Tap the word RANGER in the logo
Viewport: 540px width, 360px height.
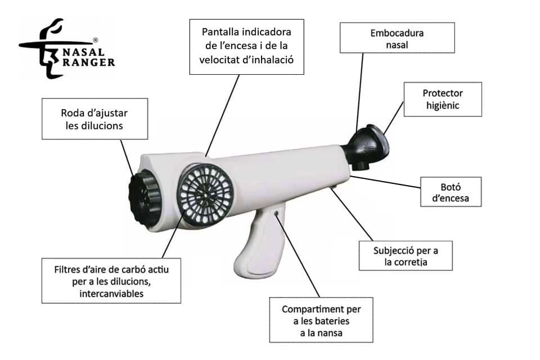point(89,62)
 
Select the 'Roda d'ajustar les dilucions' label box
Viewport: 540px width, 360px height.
point(94,119)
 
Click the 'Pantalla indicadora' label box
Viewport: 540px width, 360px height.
point(246,47)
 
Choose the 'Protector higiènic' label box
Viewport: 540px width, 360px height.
point(443,99)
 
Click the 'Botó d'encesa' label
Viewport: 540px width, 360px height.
point(451,192)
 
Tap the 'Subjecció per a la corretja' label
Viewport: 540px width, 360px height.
point(406,255)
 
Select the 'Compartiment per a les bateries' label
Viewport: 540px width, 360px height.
point(321,320)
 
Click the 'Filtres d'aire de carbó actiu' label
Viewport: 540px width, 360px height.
point(111,281)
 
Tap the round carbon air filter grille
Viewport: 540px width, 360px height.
point(206,194)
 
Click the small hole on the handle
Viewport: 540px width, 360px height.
point(276,214)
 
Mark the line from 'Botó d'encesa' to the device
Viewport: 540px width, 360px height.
point(385,182)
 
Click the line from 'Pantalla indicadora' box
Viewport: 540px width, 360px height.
point(222,116)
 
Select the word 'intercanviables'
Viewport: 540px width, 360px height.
point(111,294)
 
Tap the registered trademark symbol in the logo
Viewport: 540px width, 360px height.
point(96,40)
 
